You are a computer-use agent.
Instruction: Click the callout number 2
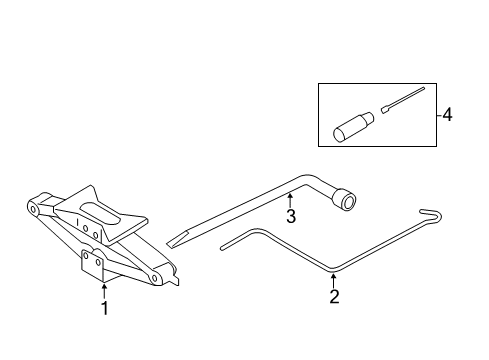click(x=335, y=296)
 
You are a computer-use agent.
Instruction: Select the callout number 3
click(x=291, y=215)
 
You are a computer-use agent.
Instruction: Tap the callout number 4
click(x=447, y=115)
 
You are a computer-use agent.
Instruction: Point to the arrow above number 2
click(x=335, y=277)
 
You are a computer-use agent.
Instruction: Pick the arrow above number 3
click(x=291, y=196)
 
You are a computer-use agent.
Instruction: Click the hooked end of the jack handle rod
click(x=432, y=214)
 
